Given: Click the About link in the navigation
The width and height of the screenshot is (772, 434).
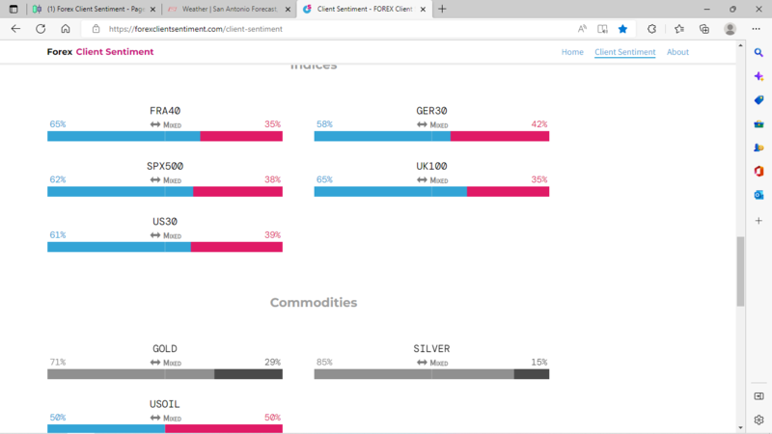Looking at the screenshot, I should [x=677, y=52].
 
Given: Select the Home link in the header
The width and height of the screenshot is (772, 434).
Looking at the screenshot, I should [x=572, y=52].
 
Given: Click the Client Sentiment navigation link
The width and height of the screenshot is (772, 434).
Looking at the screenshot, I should [x=624, y=52].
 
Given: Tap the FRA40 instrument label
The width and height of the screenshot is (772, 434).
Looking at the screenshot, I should [x=165, y=111].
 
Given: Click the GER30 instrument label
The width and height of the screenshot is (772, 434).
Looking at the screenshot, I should [x=431, y=111].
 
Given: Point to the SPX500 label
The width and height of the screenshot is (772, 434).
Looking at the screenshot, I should [x=165, y=166].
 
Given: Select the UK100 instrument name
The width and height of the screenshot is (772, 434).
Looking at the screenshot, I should [x=431, y=166].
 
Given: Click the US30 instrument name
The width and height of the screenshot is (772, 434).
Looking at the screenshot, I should [x=165, y=222].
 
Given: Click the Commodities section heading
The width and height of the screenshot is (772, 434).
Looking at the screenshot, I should [x=314, y=303].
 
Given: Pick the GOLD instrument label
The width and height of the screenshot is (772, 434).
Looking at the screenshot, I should [x=165, y=349].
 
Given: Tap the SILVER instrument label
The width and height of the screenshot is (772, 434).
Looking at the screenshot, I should [x=431, y=349].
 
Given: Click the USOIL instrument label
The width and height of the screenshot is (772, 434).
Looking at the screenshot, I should [x=165, y=404].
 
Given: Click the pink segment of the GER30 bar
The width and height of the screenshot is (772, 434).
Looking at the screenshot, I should [x=499, y=136].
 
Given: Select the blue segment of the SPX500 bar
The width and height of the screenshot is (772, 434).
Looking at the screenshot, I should [x=120, y=192].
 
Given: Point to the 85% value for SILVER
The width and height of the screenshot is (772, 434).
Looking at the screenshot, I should [x=324, y=363].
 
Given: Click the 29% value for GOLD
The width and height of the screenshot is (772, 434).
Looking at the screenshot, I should [x=272, y=363].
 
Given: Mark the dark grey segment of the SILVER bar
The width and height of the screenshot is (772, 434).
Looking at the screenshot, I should [x=531, y=374].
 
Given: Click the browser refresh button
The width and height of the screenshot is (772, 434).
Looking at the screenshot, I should [x=41, y=29].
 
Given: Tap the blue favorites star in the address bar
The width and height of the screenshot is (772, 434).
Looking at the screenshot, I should [x=622, y=29].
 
